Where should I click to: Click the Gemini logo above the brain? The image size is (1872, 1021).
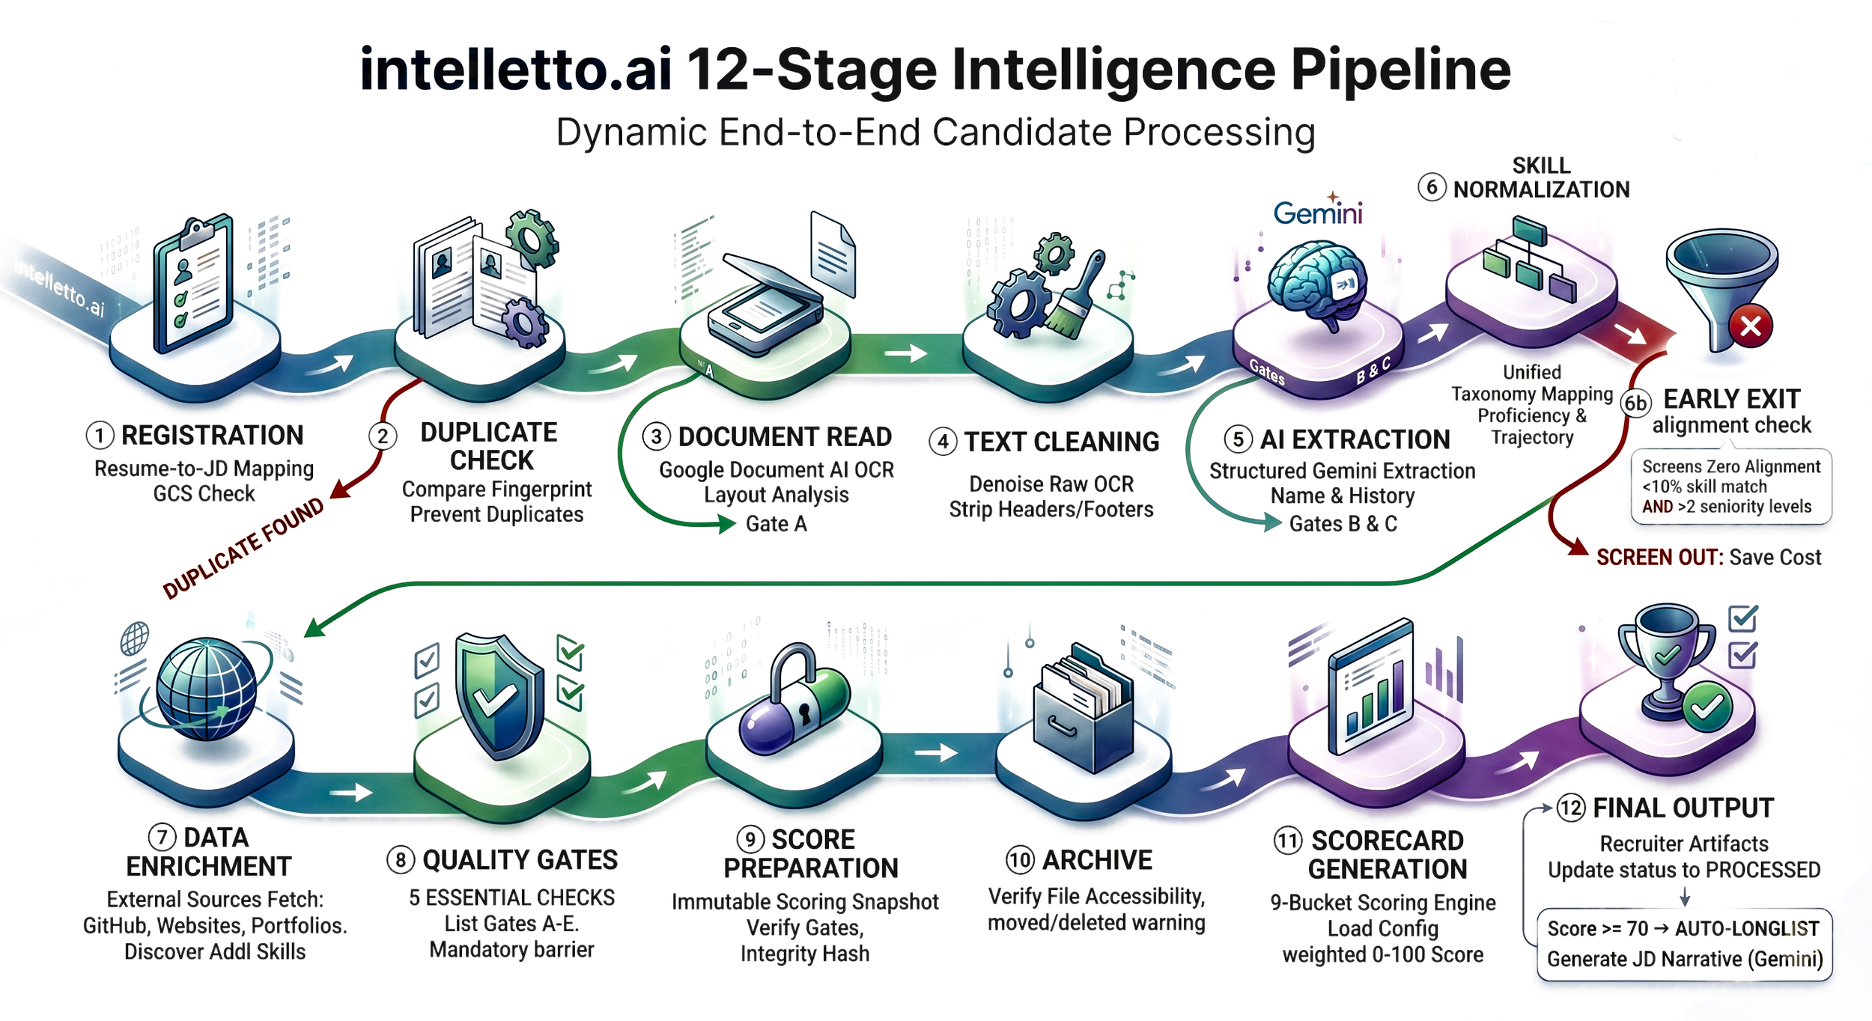coord(1317,213)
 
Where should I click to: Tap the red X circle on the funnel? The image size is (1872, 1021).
coord(1750,326)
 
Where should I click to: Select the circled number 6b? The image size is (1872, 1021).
coord(1635,403)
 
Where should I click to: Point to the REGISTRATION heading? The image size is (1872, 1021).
coord(212,435)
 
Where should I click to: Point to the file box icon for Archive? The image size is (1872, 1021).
coord(1082,707)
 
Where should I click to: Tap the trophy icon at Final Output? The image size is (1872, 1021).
coord(1666,659)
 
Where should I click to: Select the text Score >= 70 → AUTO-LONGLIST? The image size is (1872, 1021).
coord(1683,929)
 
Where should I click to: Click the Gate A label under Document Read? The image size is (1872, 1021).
coord(776,524)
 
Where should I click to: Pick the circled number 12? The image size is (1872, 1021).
coord(1570,808)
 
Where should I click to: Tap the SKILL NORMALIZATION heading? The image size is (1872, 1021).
coord(1540,178)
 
